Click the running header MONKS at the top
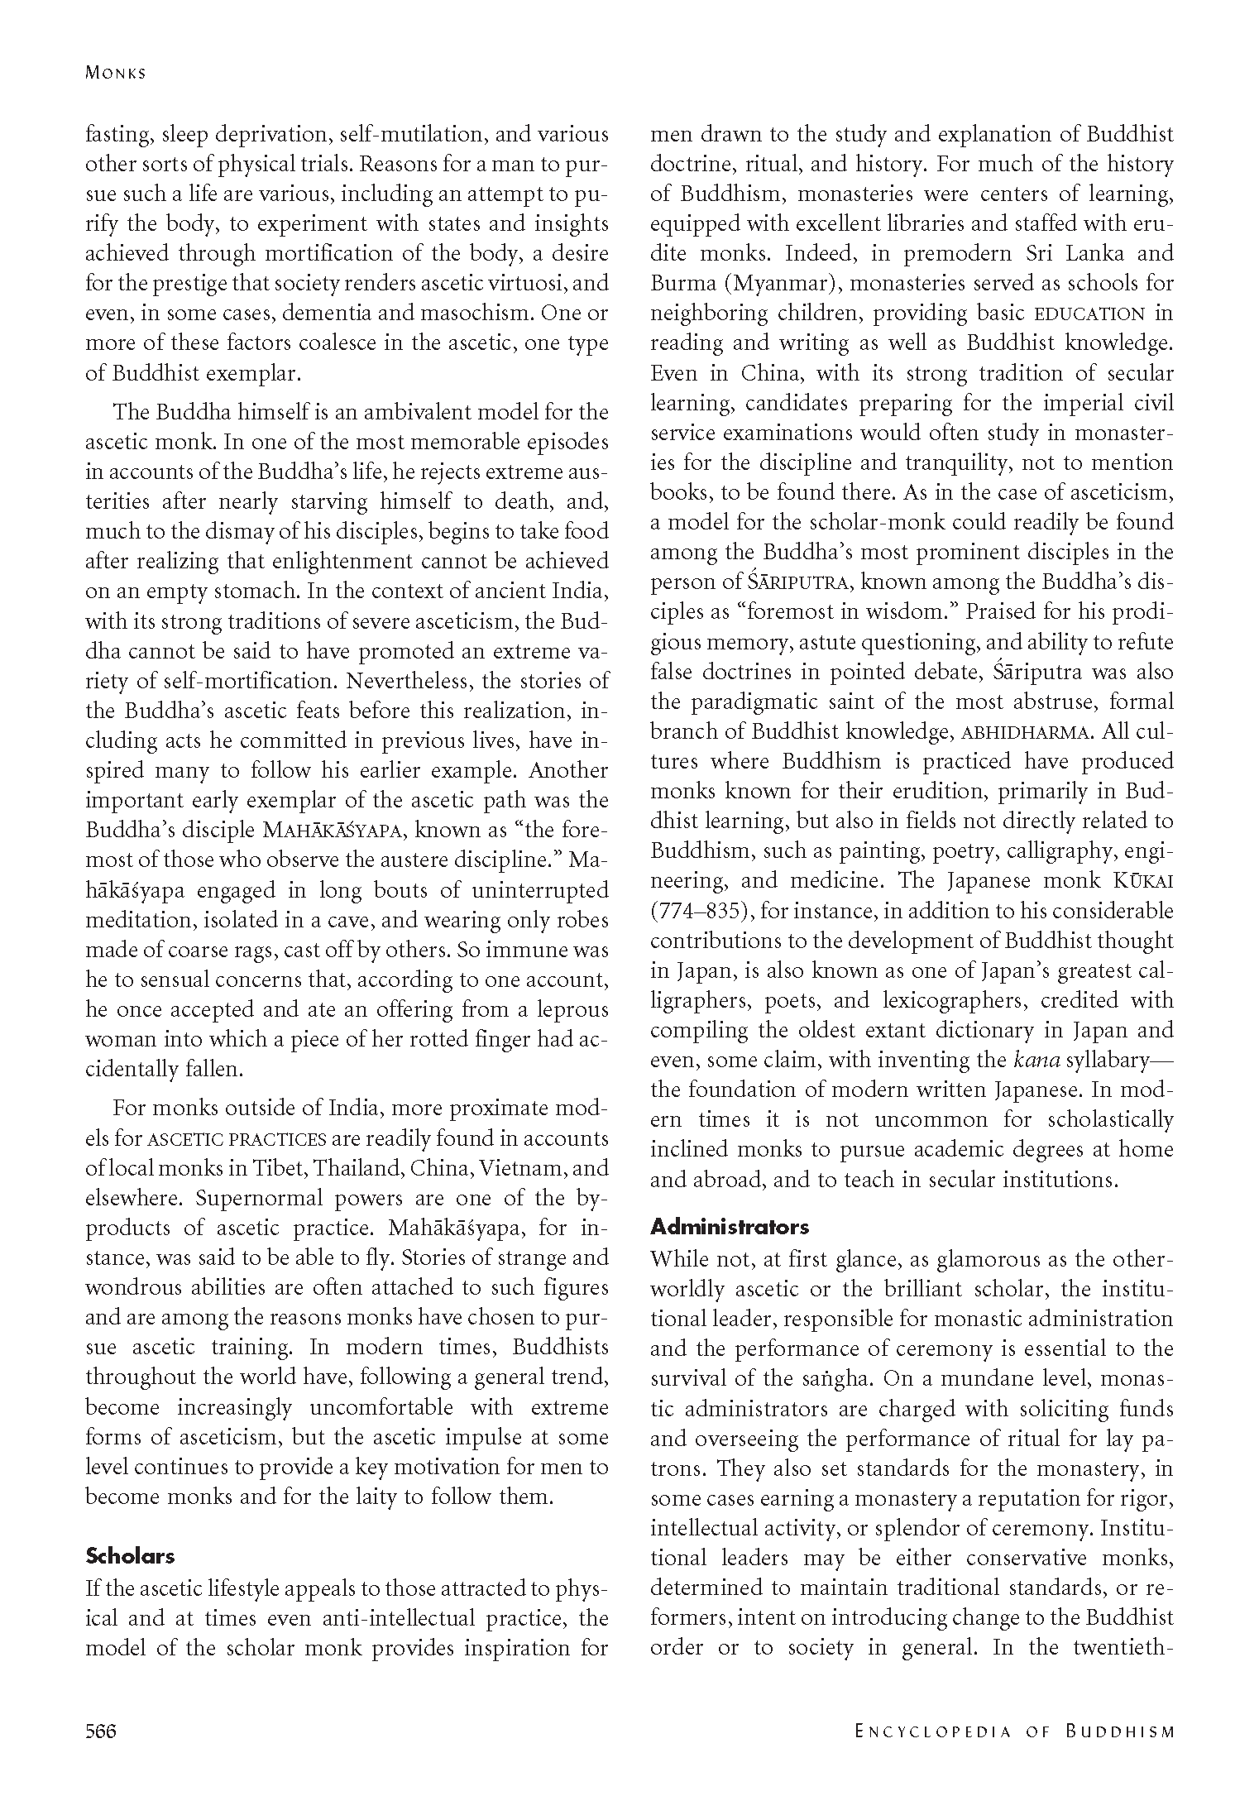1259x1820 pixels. [116, 73]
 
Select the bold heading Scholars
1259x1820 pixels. [130, 1555]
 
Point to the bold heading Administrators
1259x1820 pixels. [730, 1226]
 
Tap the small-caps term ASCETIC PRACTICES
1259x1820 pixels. [237, 1138]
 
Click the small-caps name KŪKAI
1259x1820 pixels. [1142, 880]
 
